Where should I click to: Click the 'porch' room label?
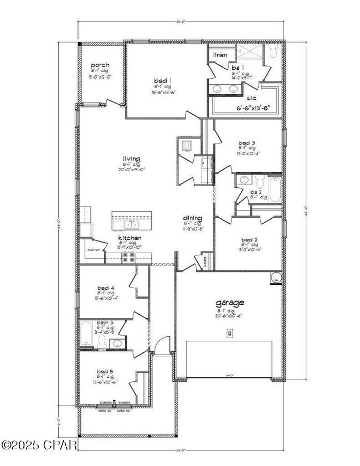pyautogui.click(x=100, y=65)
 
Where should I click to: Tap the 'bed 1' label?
pyautogui.click(x=162, y=80)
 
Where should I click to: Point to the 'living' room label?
pyautogui.click(x=131, y=159)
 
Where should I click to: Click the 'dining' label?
pyautogui.click(x=192, y=218)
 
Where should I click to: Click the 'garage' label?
pyautogui.click(x=230, y=303)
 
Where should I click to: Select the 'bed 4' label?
pyautogui.click(x=105, y=288)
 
